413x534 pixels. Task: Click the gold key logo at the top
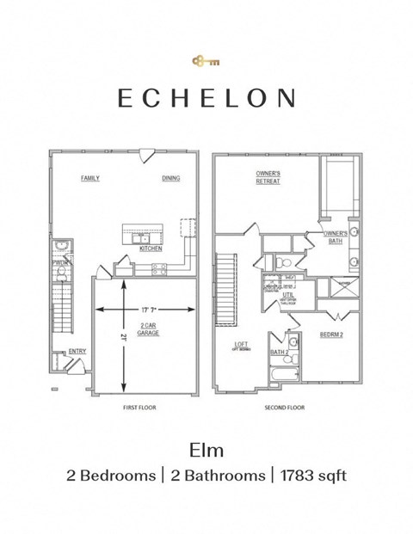(206, 61)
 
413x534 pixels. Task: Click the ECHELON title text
(206, 98)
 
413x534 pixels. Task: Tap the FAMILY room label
(90, 178)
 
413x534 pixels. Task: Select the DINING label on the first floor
(171, 178)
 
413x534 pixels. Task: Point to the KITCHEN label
(151, 249)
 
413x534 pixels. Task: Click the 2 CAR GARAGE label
(148, 328)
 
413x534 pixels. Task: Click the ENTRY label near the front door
(77, 351)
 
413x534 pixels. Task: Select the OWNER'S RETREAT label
(268, 177)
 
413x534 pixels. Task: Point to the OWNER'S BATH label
(336, 237)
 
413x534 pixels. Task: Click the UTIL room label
(287, 295)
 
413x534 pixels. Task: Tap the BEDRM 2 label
(331, 335)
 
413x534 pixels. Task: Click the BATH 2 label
(279, 353)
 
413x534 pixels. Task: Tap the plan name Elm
(206, 449)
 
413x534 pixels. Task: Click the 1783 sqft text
(312, 475)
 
